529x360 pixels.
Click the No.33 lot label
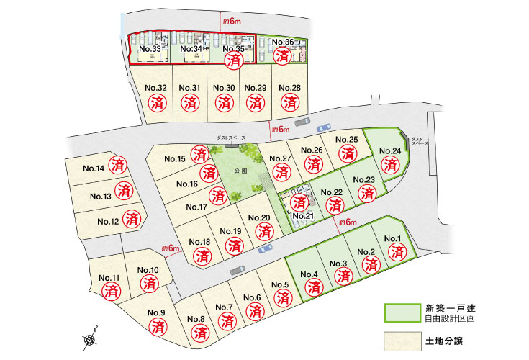pyautogui.click(x=150, y=49)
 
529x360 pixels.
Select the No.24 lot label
pyautogui.click(x=389, y=150)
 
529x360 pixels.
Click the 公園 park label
pyautogui.click(x=240, y=171)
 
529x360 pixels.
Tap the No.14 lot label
pyautogui.click(x=94, y=168)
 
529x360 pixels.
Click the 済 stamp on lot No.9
pyautogui.click(x=157, y=326)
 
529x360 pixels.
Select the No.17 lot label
pyautogui.click(x=197, y=207)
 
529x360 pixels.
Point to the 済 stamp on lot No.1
pyautogui.click(x=397, y=252)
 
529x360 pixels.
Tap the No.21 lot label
pyautogui.click(x=304, y=216)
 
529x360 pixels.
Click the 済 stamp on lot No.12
pyautogui.click(x=132, y=217)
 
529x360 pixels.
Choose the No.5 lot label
pyautogui.click(x=280, y=284)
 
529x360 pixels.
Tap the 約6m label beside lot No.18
pyautogui.click(x=171, y=248)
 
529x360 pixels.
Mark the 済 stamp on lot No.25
pyautogui.click(x=348, y=153)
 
